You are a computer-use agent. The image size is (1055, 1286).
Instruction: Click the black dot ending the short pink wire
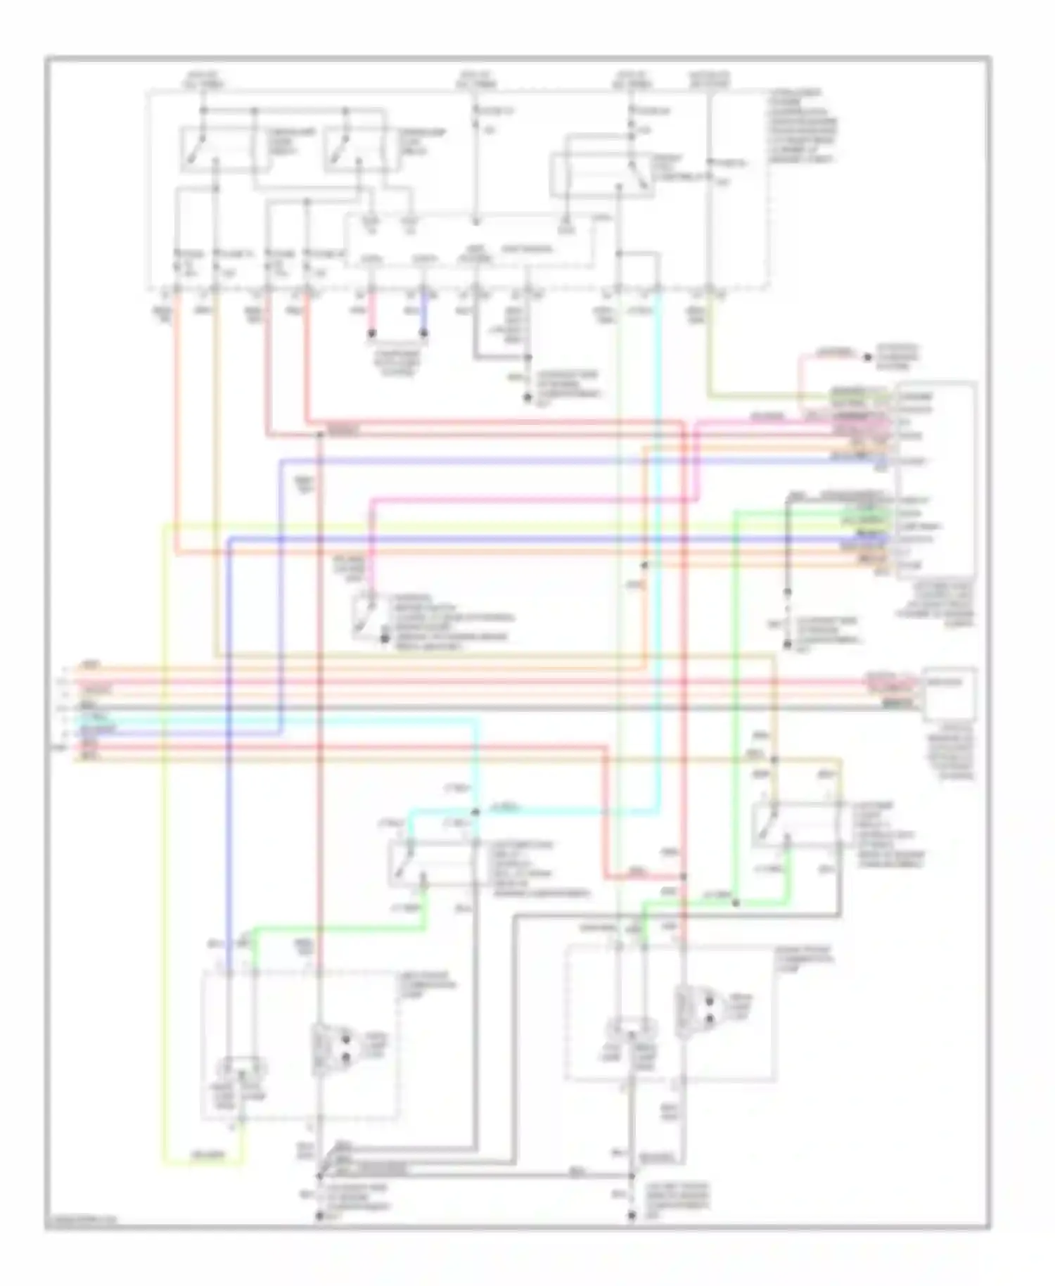[x=373, y=333]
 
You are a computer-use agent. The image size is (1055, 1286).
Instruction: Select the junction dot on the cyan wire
[x=475, y=812]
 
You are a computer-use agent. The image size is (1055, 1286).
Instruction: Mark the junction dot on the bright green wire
[x=736, y=903]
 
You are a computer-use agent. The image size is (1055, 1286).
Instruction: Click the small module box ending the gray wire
[x=949, y=693]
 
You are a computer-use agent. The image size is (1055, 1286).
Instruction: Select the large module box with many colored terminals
[x=935, y=478]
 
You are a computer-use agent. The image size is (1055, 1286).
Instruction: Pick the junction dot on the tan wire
[x=774, y=760]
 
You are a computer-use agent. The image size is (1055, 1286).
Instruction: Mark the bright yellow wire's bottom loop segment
[x=204, y=1164]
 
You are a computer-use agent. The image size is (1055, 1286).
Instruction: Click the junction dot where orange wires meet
[x=644, y=565]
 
